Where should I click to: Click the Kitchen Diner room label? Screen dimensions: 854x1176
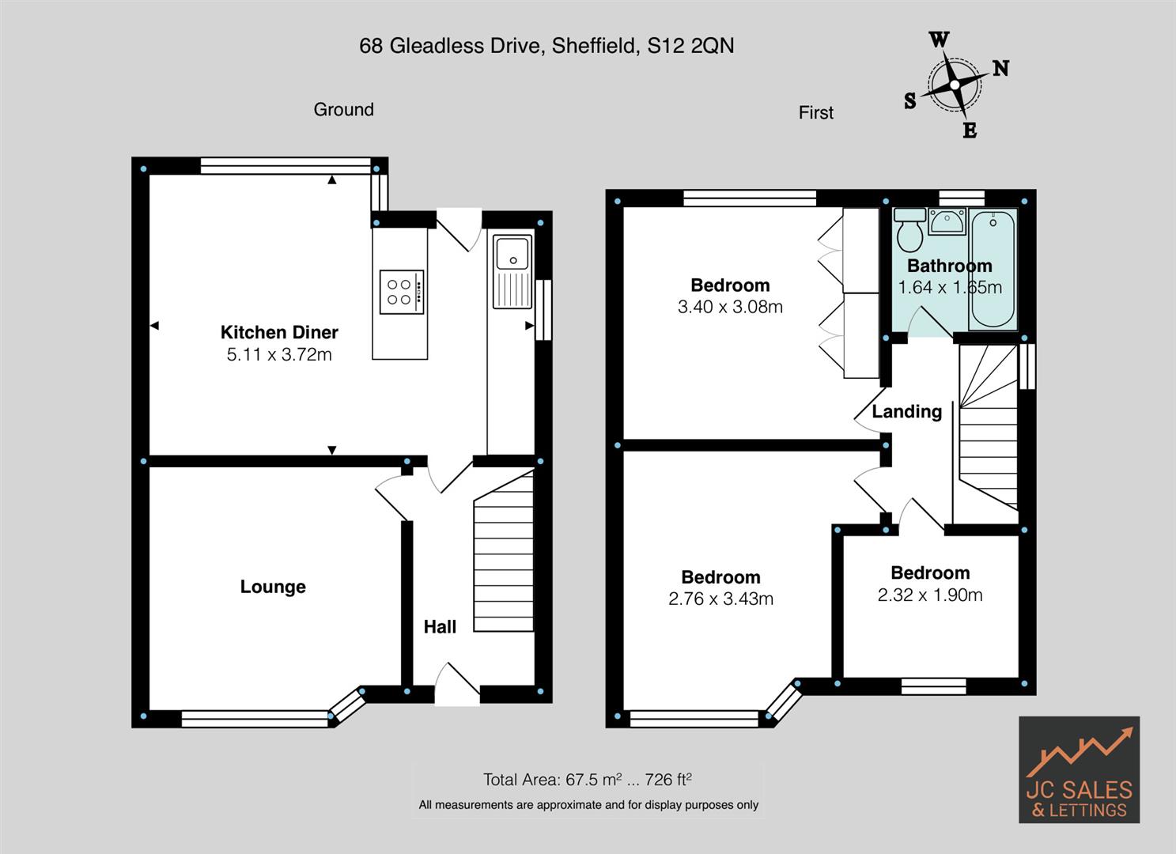point(279,332)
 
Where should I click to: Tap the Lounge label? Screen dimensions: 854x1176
point(273,587)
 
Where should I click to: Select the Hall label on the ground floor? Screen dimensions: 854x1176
point(440,627)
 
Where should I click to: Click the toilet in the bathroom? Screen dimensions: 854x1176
point(909,230)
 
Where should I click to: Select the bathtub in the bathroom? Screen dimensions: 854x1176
point(993,269)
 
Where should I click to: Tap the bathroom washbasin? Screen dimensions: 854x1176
point(947,222)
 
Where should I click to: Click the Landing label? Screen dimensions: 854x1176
point(906,411)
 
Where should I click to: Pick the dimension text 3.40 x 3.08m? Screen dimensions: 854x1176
point(730,307)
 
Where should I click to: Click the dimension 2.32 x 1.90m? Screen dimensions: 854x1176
point(930,595)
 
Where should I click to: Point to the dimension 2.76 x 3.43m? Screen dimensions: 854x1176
point(720,599)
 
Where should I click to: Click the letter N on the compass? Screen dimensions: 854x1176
point(1000,69)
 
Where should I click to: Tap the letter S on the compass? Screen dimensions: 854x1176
point(910,100)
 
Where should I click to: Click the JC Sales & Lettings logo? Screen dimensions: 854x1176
point(1079,769)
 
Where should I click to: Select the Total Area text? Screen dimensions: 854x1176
point(588,780)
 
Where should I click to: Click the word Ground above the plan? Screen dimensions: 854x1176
point(343,110)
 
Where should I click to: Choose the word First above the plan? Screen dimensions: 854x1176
point(815,113)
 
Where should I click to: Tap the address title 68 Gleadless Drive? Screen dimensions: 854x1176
point(546,46)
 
